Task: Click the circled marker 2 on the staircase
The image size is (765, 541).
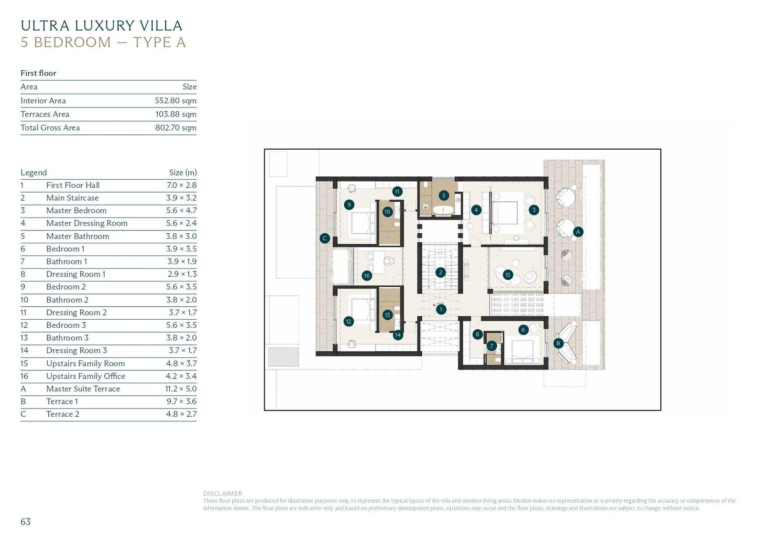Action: click(440, 272)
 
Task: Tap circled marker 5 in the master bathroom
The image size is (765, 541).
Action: click(443, 195)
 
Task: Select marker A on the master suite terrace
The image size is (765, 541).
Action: click(578, 232)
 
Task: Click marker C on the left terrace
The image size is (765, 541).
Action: click(325, 238)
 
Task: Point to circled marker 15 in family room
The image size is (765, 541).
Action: click(508, 275)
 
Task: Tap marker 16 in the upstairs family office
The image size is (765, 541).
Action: click(367, 276)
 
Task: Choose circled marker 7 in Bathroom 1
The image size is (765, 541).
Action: click(491, 346)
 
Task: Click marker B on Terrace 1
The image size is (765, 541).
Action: click(558, 343)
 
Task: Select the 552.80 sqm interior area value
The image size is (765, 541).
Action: click(175, 101)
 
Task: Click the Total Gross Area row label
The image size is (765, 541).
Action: click(50, 128)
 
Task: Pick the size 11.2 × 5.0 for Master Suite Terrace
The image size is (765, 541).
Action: click(181, 389)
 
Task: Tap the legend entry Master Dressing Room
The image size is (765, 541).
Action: click(87, 223)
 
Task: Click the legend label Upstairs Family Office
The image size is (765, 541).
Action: click(86, 376)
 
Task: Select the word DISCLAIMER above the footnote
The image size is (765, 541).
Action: click(222, 493)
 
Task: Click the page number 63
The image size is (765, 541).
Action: click(26, 521)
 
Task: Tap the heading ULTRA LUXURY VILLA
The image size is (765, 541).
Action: click(101, 26)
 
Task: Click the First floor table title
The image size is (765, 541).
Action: click(38, 73)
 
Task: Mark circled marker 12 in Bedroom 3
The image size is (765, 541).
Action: click(349, 321)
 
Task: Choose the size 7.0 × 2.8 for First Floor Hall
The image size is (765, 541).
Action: click(181, 185)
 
